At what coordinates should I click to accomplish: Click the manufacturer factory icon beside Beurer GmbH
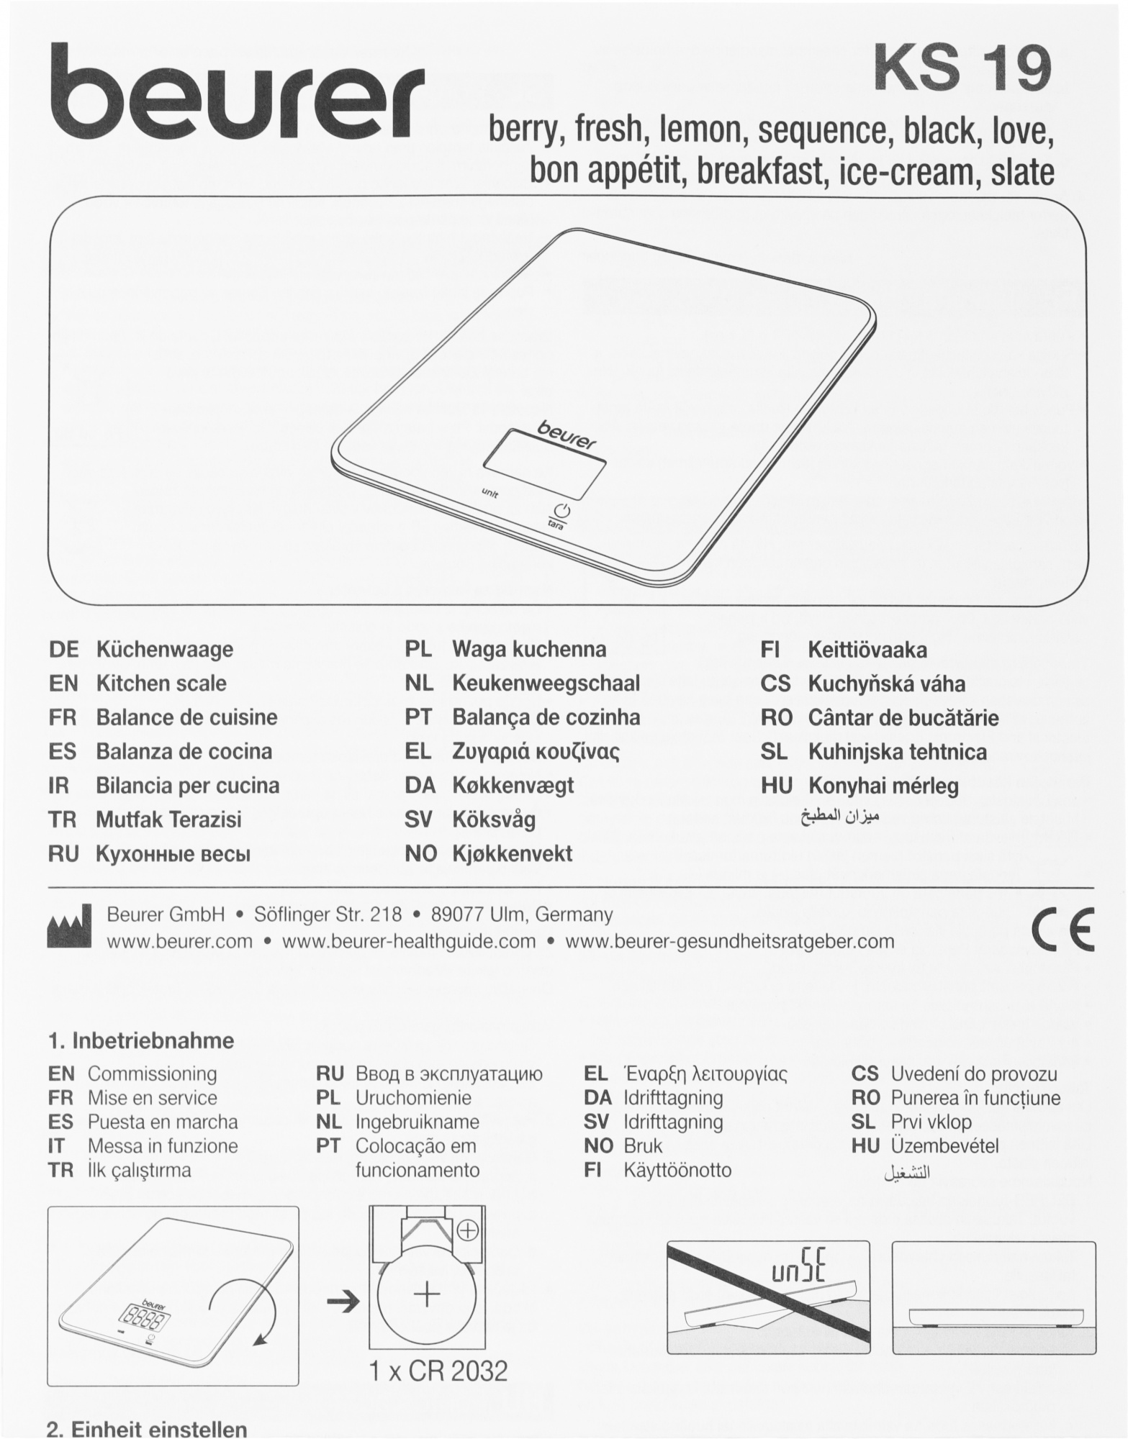tap(69, 927)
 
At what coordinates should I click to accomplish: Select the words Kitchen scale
tap(161, 684)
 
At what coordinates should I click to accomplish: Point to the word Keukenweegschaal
tap(546, 684)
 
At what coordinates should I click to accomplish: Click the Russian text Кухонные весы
tap(173, 854)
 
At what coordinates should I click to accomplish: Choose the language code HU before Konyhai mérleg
tap(776, 786)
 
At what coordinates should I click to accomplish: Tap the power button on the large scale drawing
tap(562, 511)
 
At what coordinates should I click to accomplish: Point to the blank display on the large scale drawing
tap(544, 464)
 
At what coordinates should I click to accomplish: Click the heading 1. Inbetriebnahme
tap(141, 1041)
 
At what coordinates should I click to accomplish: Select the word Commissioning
tap(152, 1074)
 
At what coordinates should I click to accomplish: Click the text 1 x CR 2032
tap(438, 1371)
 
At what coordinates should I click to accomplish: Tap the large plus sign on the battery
tap(428, 1295)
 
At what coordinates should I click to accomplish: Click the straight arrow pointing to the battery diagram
tap(343, 1303)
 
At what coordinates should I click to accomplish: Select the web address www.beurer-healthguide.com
tap(409, 941)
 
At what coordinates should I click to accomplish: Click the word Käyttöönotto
tap(677, 1170)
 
